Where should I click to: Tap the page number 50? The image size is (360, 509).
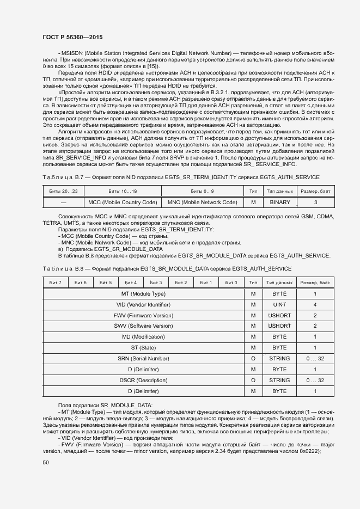[x=46, y=463]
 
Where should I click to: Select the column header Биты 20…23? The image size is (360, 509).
[x=63, y=191]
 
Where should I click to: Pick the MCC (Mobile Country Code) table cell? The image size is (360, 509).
[x=123, y=203]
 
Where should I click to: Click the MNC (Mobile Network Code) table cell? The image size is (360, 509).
[x=202, y=203]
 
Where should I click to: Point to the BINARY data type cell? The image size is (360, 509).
[x=279, y=203]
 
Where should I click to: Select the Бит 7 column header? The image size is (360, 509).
[x=56, y=283]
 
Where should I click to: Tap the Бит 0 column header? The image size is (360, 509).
[x=231, y=283]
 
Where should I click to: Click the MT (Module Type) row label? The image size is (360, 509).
[x=143, y=294]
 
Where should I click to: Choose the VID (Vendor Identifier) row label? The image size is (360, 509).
[x=143, y=305]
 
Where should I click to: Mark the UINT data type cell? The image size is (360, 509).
[x=279, y=305]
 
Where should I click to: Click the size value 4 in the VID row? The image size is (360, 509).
[x=315, y=305]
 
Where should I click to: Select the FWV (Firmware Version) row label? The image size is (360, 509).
[x=143, y=315]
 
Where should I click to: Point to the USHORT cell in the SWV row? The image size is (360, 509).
[x=279, y=326]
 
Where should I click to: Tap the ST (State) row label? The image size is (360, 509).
[x=143, y=348]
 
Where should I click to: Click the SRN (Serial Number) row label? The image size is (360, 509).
[x=143, y=359]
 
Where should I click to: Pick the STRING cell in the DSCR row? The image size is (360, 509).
[x=279, y=381]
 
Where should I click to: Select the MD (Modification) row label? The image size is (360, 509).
[x=143, y=337]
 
